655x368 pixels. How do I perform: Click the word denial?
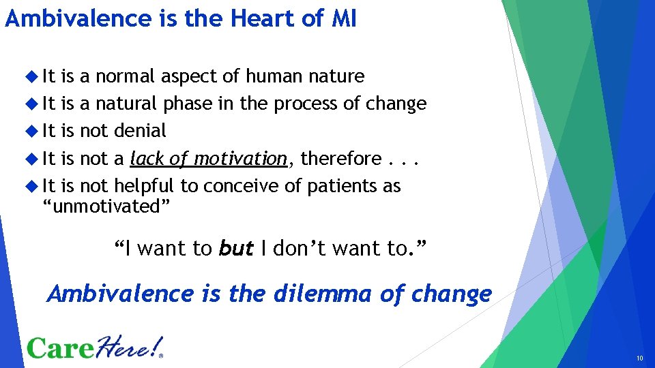pyautogui.click(x=140, y=131)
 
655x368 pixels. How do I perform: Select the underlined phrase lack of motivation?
pyautogui.click(x=208, y=159)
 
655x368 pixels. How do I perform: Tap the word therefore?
pyautogui.click(x=340, y=159)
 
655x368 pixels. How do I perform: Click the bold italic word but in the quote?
pyautogui.click(x=235, y=249)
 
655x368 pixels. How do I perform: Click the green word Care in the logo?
pyautogui.click(x=62, y=348)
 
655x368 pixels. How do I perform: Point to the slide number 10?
pyautogui.click(x=639, y=358)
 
